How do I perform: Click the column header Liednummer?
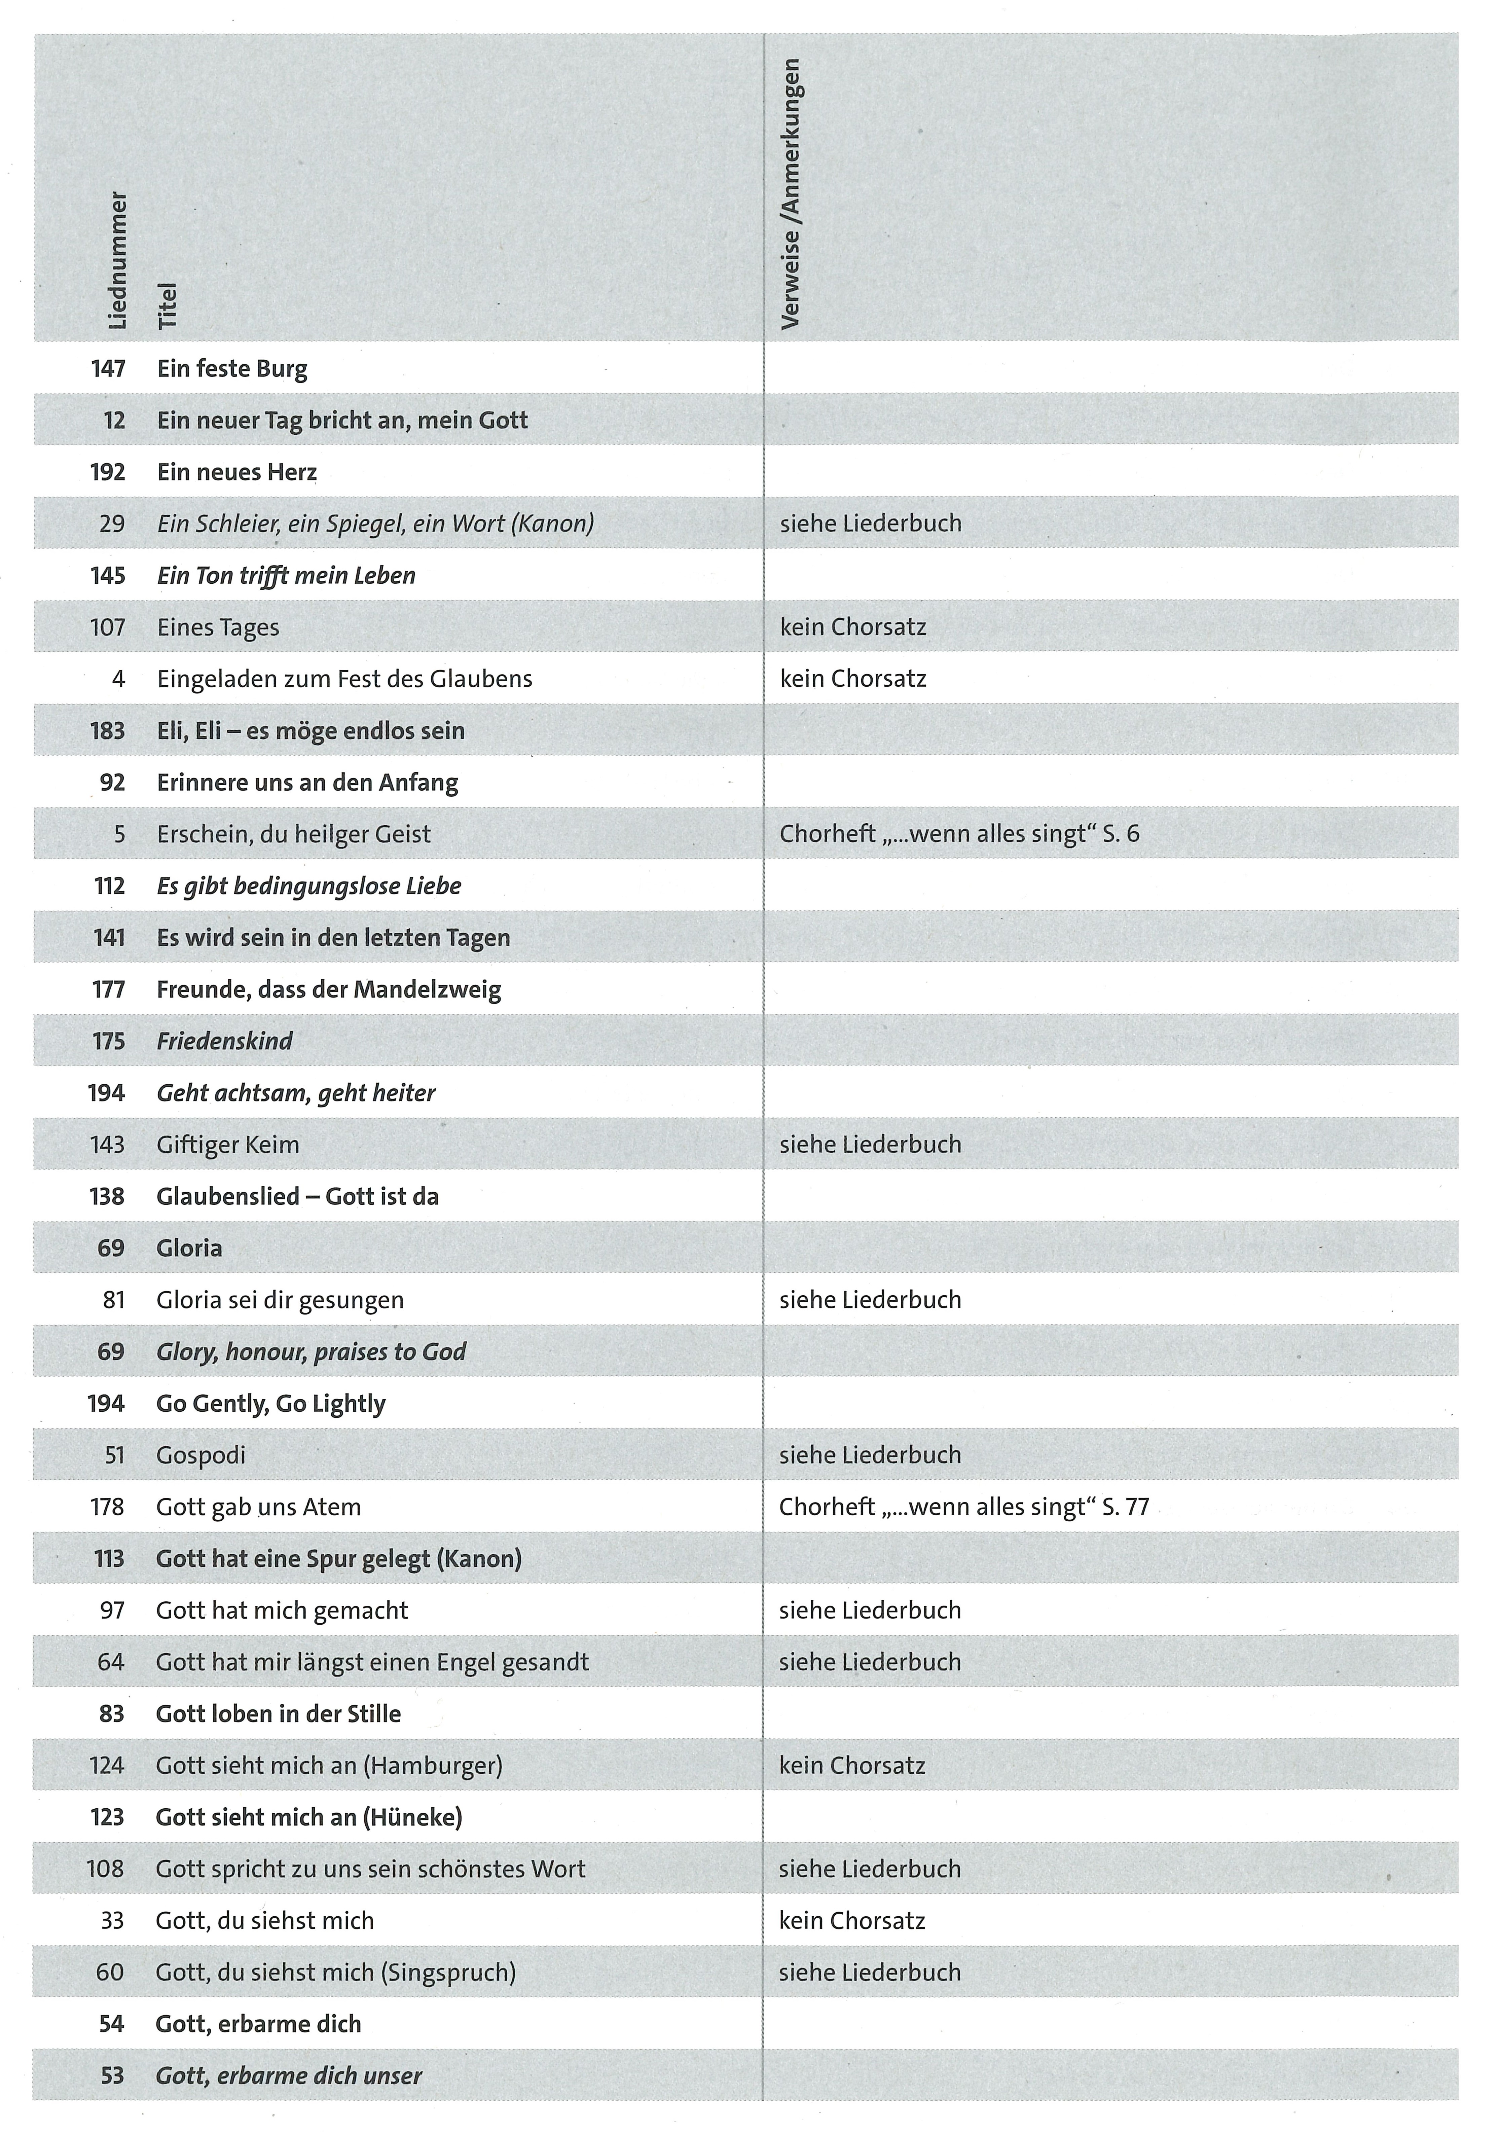pos(118,260)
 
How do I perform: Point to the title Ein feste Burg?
pos(232,369)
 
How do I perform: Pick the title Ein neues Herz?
pos(237,472)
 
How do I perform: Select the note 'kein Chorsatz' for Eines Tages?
pos(853,627)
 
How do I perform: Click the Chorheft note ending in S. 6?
pos(959,834)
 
